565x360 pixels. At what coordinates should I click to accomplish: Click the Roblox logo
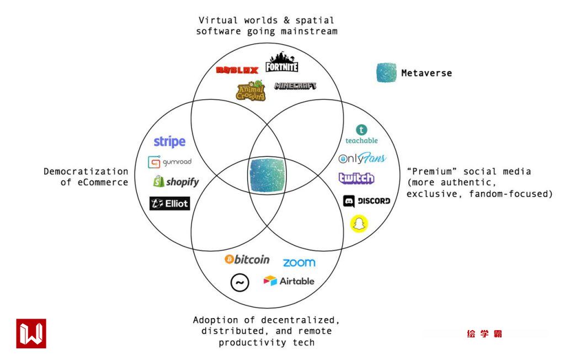pos(237,70)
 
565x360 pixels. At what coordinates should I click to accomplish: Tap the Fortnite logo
pos(282,63)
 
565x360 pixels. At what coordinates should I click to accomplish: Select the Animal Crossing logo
pos(251,91)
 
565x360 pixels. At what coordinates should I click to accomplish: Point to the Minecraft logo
pos(295,86)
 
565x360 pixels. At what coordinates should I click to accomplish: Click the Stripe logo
pos(169,142)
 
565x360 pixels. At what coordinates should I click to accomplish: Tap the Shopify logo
pos(175,182)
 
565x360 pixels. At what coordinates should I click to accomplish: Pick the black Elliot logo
pos(169,203)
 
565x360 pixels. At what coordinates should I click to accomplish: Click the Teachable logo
pos(361,134)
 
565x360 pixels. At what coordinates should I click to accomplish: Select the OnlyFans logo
pos(362,159)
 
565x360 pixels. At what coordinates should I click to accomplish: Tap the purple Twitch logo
pos(356,178)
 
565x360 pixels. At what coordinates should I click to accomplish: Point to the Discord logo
pos(366,201)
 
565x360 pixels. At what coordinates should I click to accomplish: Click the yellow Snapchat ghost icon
pos(360,224)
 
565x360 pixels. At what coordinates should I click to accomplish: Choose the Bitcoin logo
pos(247,260)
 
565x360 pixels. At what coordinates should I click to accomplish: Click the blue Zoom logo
pos(299,263)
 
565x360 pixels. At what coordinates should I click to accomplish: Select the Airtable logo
pos(289,281)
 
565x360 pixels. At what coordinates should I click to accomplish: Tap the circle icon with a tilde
pos(239,283)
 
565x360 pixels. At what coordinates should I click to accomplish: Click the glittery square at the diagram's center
pos(268,175)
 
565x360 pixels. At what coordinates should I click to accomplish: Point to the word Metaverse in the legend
pos(427,73)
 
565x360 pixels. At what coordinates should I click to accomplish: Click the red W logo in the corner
pos(31,333)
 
